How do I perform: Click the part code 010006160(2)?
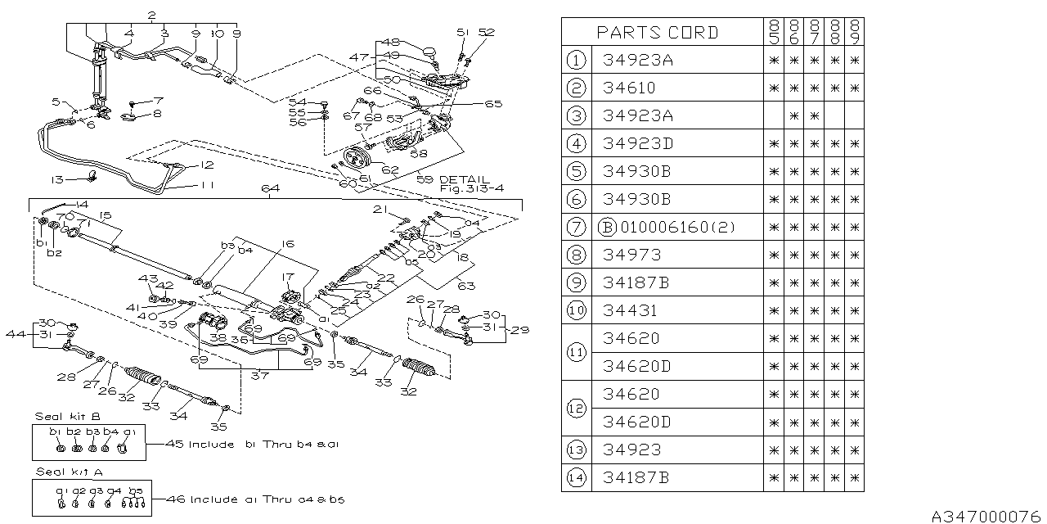(x=666, y=227)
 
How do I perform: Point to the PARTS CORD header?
(x=657, y=32)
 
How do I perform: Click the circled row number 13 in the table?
(x=577, y=449)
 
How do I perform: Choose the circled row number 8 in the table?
(x=577, y=255)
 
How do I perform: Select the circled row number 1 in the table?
(x=577, y=60)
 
